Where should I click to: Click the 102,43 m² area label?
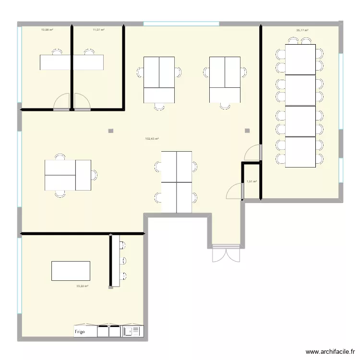pos(152,139)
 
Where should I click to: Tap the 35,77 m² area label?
pos(302,30)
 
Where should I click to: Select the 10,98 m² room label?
pos(47,30)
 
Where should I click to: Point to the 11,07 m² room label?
pos(98,30)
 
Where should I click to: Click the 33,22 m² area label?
pos(82,286)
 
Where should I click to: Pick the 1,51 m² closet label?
pos(252,181)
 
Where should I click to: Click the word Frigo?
pos(80,332)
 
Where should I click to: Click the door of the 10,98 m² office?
pos(61,103)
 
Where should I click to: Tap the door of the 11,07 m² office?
pos(82,103)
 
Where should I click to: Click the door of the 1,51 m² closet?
pos(235,192)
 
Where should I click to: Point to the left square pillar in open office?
pos(111,131)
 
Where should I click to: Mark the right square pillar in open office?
pos(247,130)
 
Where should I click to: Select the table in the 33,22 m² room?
pos(71,271)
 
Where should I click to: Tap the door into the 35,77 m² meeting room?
pos(252,153)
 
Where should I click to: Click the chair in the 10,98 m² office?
pos(57,51)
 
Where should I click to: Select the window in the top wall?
pos(181,23)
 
